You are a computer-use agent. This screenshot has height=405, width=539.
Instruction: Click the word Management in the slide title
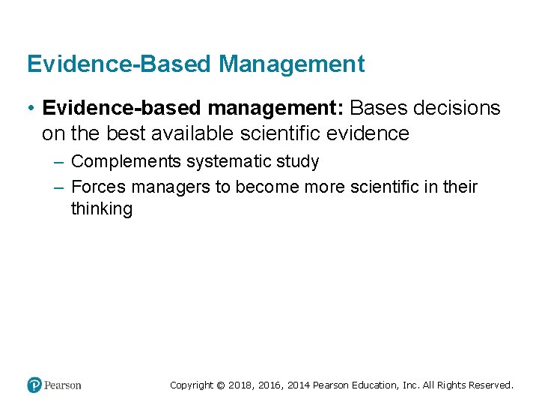[292, 64]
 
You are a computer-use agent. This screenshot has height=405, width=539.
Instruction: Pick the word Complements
[126, 161]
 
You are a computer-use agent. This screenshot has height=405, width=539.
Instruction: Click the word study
[299, 161]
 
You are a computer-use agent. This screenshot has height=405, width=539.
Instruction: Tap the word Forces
[97, 187]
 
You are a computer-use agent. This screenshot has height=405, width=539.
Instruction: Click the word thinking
[101, 208]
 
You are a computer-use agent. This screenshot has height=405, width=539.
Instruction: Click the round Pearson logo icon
[34, 385]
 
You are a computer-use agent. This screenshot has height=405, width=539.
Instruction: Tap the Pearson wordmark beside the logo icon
[63, 385]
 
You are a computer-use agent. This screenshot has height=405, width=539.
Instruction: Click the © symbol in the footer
[220, 385]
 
